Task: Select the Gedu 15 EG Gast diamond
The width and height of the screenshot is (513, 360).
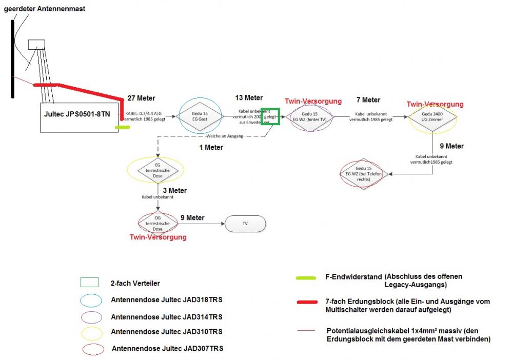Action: [x=200, y=116]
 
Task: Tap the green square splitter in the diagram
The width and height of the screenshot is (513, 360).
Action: [x=270, y=116]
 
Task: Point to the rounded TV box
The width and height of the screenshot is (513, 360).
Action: [x=245, y=224]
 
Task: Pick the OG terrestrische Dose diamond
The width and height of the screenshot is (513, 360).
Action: [x=157, y=223]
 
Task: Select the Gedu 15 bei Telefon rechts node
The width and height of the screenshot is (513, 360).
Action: [x=363, y=174]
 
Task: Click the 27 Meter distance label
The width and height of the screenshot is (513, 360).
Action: [x=141, y=98]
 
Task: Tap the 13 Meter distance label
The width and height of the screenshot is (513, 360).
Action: [x=249, y=97]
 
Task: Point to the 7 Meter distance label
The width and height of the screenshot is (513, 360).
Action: [x=368, y=99]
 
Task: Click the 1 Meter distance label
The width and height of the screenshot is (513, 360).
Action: [x=211, y=147]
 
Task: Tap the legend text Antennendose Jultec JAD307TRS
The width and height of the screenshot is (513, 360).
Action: [x=167, y=349]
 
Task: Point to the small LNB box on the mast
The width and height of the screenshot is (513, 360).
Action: [x=36, y=45]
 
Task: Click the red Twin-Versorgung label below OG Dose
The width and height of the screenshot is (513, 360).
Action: [x=157, y=237]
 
